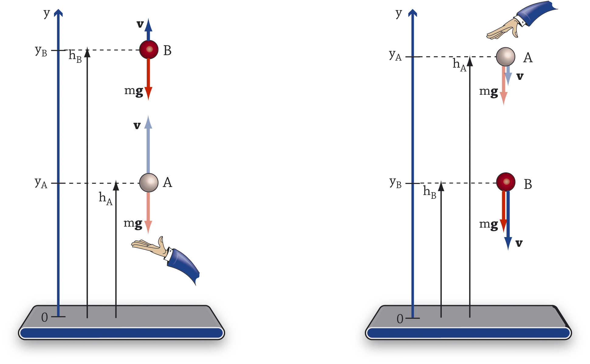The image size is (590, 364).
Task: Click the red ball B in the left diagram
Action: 149,49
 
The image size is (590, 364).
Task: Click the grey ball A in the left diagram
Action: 149,182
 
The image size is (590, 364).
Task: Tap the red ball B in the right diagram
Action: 506,182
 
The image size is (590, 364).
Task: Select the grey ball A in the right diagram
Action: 506,56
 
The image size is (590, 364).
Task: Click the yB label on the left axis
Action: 41,51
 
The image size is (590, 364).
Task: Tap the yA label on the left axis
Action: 41,183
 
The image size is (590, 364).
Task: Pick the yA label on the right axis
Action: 395,55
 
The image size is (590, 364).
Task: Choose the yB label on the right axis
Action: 395,183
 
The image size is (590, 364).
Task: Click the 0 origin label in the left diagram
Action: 44,317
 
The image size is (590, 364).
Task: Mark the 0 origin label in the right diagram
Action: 400,319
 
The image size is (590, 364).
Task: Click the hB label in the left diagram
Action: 75,56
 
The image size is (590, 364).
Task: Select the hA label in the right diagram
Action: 459,65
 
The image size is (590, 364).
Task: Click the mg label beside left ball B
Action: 134,91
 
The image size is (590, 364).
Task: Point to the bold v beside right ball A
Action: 520,77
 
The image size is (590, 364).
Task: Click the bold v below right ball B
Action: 519,243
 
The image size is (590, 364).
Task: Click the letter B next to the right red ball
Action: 528,184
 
